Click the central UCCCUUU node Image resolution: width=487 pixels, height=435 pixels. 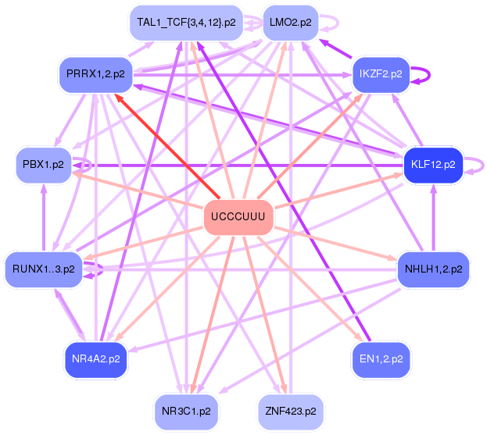point(238,217)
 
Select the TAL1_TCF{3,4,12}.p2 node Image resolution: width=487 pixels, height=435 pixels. point(186,23)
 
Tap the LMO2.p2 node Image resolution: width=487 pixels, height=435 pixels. point(291,23)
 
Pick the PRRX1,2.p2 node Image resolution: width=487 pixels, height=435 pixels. point(95,74)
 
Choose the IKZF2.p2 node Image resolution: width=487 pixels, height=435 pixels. point(381,74)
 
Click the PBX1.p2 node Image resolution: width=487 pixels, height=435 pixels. point(44,165)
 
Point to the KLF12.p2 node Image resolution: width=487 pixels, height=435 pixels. point(433,165)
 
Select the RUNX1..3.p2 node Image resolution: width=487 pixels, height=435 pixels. point(44,269)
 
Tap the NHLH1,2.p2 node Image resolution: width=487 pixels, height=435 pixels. point(434,269)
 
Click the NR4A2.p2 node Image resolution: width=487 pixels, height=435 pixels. point(96,359)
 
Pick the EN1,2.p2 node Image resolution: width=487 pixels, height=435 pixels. point(381,359)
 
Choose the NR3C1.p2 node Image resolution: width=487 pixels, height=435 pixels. point(186,412)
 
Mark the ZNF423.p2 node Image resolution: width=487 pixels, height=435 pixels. point(291,412)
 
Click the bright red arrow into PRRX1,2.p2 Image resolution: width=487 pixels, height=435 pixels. point(167,147)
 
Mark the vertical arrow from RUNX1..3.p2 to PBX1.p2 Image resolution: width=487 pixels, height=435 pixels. point(44,217)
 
